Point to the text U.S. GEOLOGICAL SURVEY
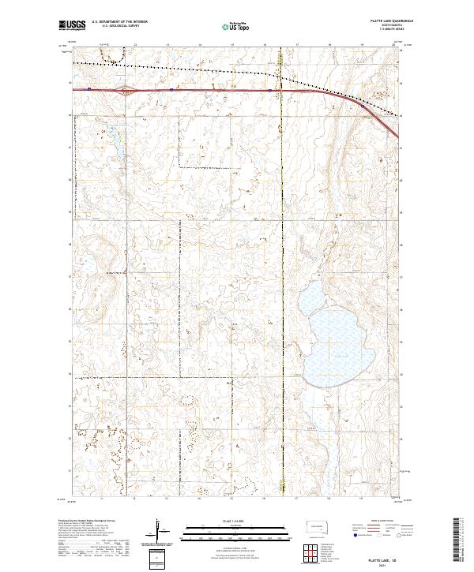pos(115,26)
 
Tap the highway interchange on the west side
pos(124,90)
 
